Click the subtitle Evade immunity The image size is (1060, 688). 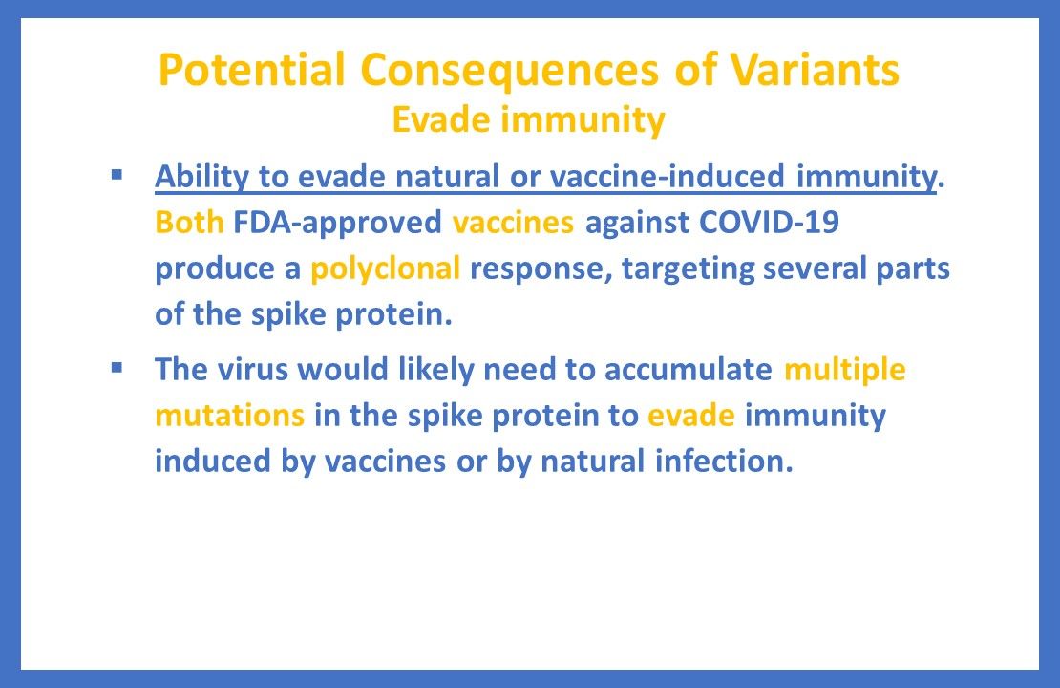(529, 120)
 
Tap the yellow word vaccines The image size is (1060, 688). (513, 223)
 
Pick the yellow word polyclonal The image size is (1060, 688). (386, 269)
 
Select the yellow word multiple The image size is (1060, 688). (844, 370)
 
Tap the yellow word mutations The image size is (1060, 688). (230, 416)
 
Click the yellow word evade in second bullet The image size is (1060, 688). (690, 416)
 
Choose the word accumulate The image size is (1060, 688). (687, 370)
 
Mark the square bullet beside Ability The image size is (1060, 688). (117, 175)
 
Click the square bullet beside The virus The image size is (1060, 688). (117, 368)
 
